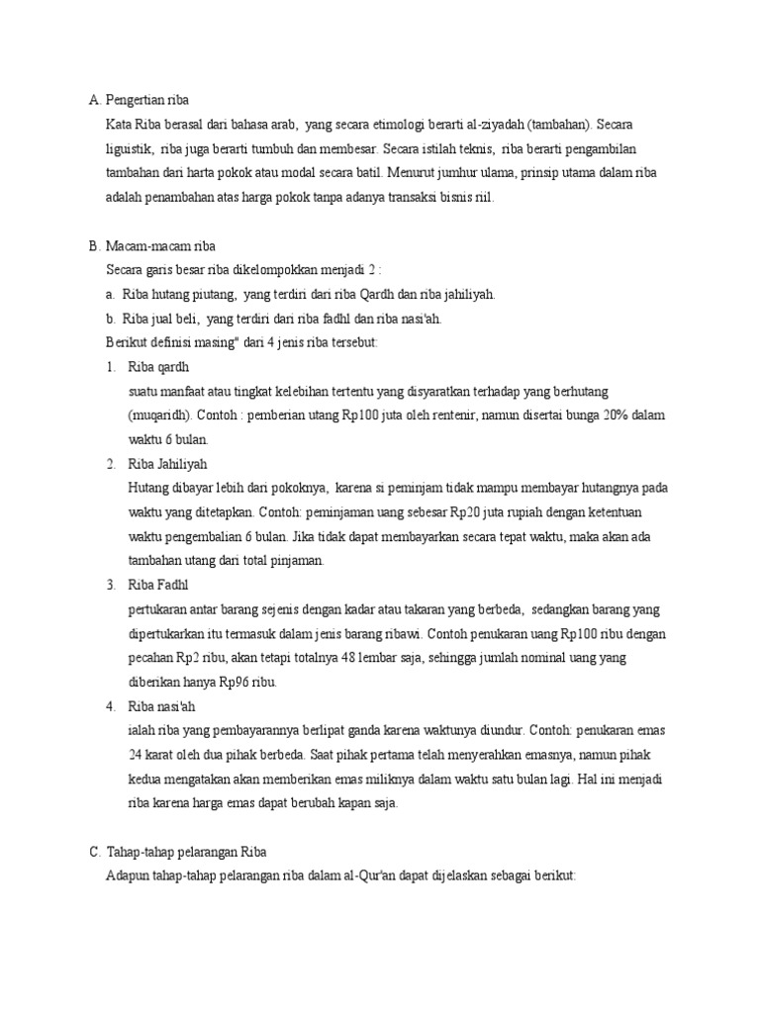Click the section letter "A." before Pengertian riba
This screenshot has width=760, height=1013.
click(x=94, y=101)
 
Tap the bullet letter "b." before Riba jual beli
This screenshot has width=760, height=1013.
click(x=111, y=318)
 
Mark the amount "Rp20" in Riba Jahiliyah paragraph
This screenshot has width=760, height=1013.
click(x=465, y=512)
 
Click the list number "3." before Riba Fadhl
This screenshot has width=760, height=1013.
click(x=111, y=585)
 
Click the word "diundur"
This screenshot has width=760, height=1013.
click(x=502, y=730)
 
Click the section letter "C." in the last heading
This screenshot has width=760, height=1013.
click(x=94, y=852)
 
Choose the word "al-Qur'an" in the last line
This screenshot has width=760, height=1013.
click(x=367, y=875)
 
